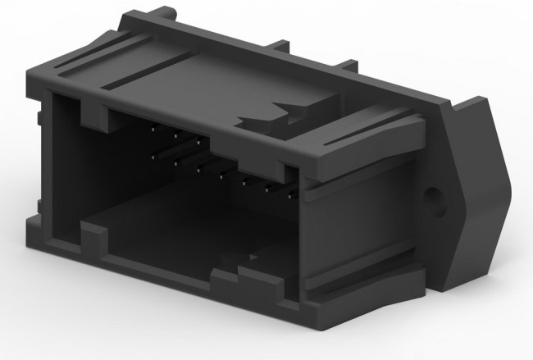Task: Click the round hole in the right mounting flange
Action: pyautogui.click(x=430, y=199)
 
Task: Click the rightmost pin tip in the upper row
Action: pyautogui.click(x=198, y=141)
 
